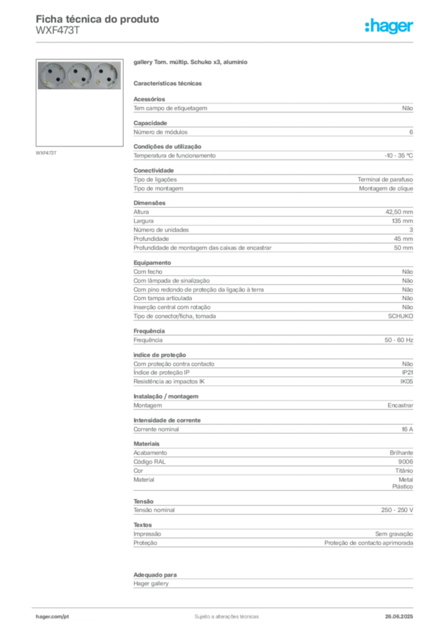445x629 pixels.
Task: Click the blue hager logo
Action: (389, 27)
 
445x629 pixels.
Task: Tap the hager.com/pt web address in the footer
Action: (52, 615)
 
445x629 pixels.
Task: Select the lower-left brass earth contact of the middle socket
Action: (72, 82)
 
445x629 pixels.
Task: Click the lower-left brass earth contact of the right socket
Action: (98, 82)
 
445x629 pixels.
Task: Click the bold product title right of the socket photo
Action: (191, 64)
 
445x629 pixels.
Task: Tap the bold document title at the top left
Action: (98, 18)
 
